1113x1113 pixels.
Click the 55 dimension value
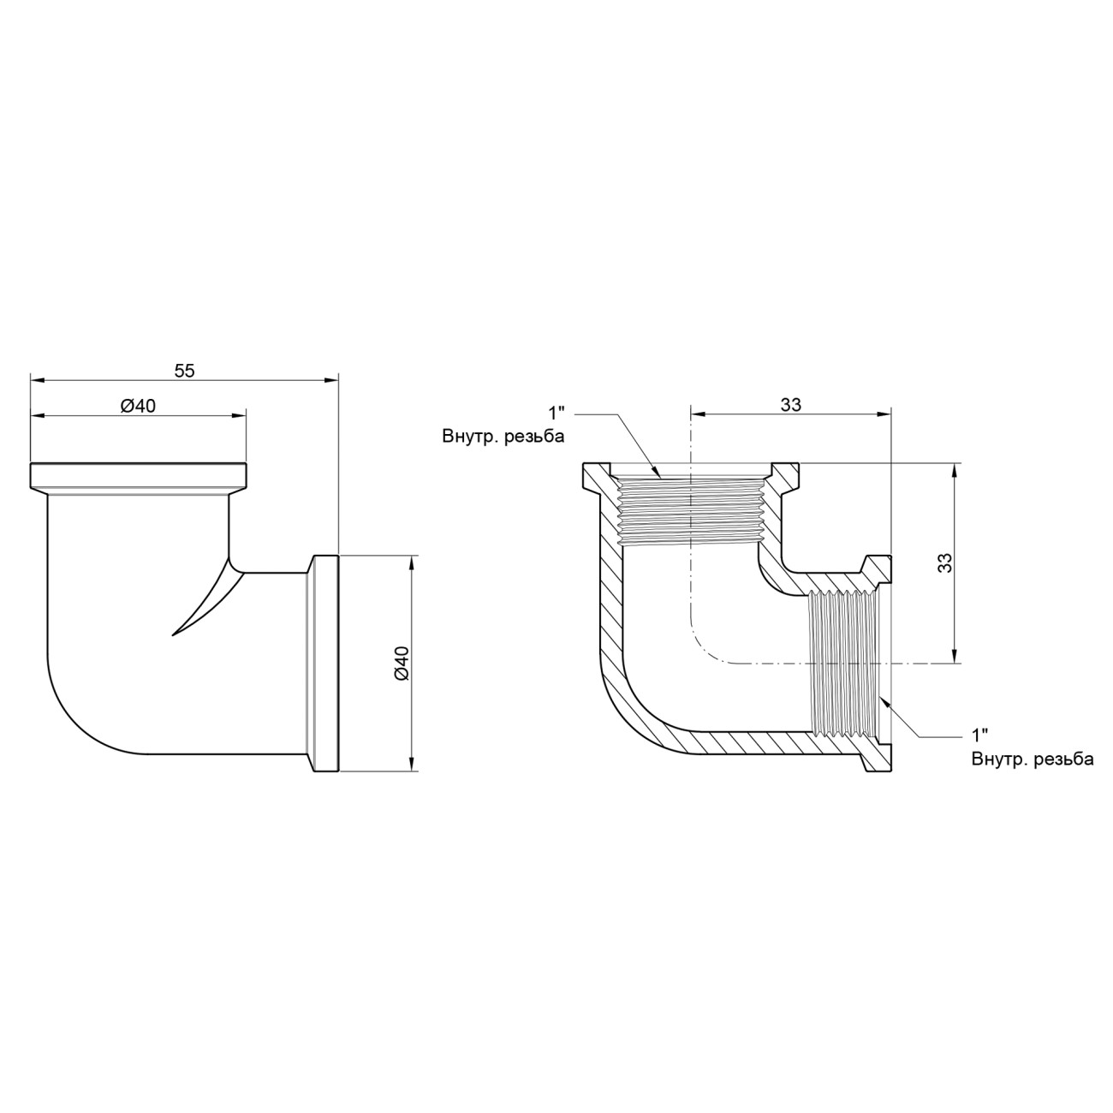[185, 371]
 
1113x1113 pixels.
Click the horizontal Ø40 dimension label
[138, 406]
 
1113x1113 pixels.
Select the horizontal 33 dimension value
[791, 406]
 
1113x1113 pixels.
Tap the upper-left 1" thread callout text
[556, 413]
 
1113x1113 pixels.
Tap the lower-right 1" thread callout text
[980, 735]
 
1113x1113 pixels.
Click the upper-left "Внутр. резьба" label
[503, 437]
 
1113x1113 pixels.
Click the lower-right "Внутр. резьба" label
[1033, 759]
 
